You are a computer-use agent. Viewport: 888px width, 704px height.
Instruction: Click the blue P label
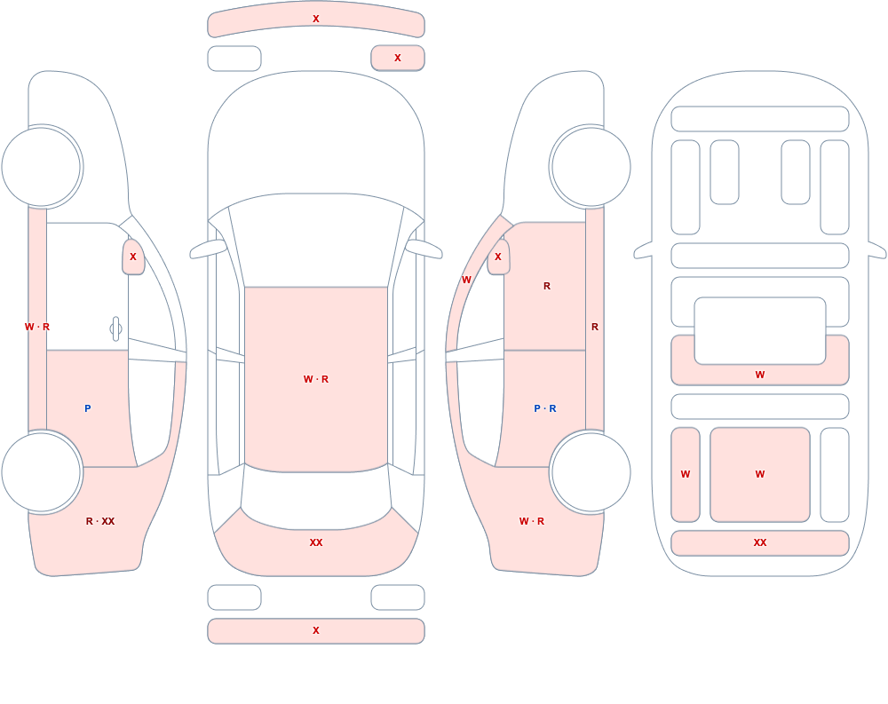click(87, 408)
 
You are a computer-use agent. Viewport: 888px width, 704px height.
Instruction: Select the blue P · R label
click(545, 408)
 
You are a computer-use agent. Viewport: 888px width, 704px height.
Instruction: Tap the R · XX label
click(100, 521)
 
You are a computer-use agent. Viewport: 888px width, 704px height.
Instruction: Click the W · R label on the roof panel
click(316, 379)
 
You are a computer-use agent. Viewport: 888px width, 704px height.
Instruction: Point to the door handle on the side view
click(115, 329)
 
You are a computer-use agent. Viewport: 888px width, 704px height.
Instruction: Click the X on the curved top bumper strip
click(316, 19)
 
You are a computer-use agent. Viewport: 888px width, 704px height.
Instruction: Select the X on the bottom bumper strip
click(316, 630)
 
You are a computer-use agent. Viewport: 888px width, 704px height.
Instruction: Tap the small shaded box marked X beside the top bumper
click(398, 58)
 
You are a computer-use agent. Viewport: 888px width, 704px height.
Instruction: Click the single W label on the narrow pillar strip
click(466, 280)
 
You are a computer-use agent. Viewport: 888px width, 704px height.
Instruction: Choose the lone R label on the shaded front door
click(546, 286)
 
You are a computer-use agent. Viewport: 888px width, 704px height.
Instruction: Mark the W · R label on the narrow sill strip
click(36, 327)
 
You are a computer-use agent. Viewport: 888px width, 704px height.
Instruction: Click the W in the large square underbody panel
click(760, 474)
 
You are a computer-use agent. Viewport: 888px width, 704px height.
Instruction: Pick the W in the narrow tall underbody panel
click(686, 474)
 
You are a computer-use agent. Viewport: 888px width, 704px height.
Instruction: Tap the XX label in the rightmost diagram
click(760, 542)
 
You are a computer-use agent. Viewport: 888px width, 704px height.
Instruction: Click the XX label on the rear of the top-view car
click(316, 542)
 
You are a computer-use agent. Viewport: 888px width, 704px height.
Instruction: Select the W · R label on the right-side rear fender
click(532, 521)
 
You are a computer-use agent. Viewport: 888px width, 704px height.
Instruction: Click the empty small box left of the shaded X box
click(234, 59)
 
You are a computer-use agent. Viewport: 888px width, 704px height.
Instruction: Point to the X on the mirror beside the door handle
click(133, 257)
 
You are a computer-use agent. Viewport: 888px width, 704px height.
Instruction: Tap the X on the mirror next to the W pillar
click(498, 257)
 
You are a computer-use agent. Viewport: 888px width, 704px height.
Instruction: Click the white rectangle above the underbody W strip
click(760, 331)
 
